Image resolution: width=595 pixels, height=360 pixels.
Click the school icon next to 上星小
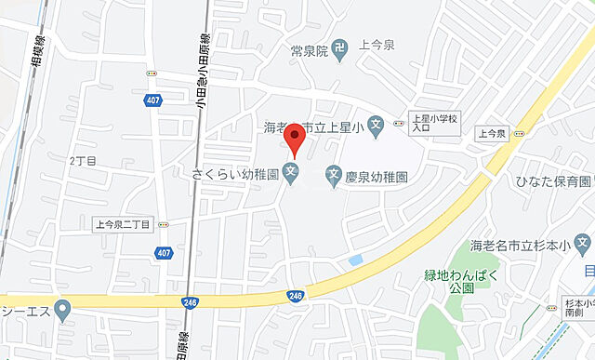tap(376, 126)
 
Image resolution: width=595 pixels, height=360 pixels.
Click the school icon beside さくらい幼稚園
tap(292, 173)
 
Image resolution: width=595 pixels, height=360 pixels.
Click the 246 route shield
tap(297, 295)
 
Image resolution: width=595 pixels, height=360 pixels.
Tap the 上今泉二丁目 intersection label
tap(123, 224)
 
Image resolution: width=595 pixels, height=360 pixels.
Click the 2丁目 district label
tap(83, 159)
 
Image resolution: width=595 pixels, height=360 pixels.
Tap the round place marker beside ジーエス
tap(63, 309)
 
